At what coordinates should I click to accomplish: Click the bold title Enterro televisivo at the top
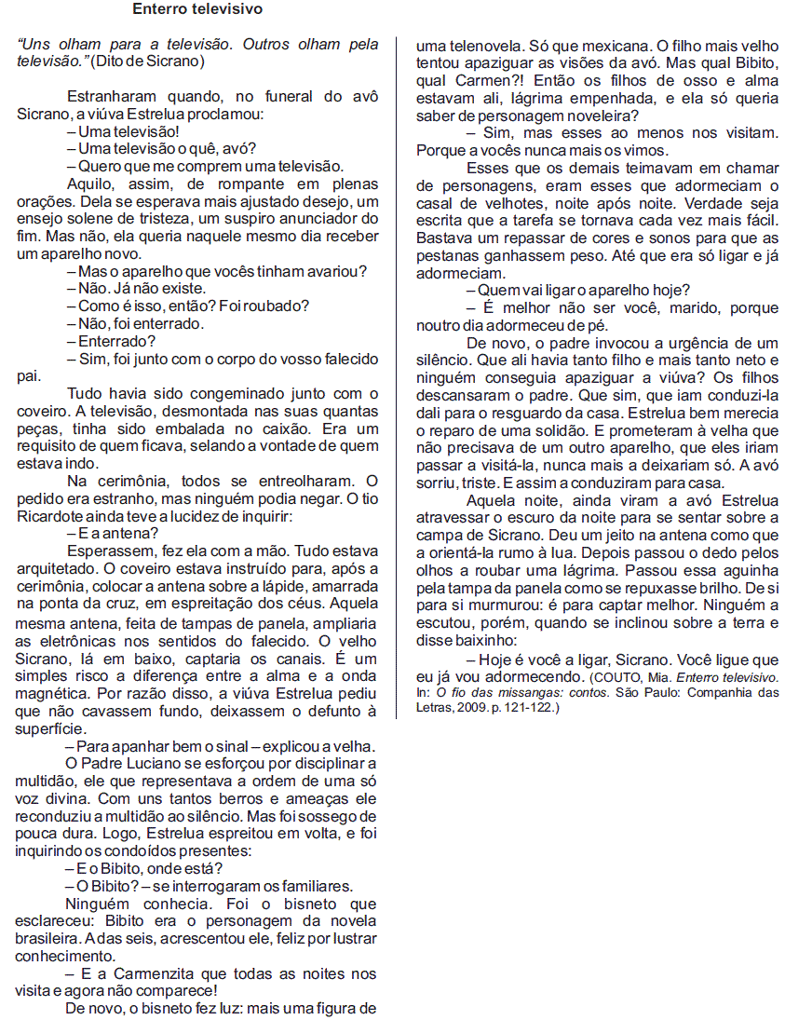[x=197, y=10]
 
